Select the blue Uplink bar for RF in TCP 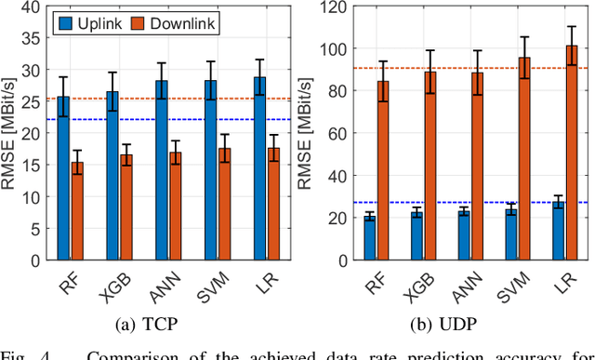63,178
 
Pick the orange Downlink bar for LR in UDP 571,153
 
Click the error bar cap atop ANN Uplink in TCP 161,63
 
